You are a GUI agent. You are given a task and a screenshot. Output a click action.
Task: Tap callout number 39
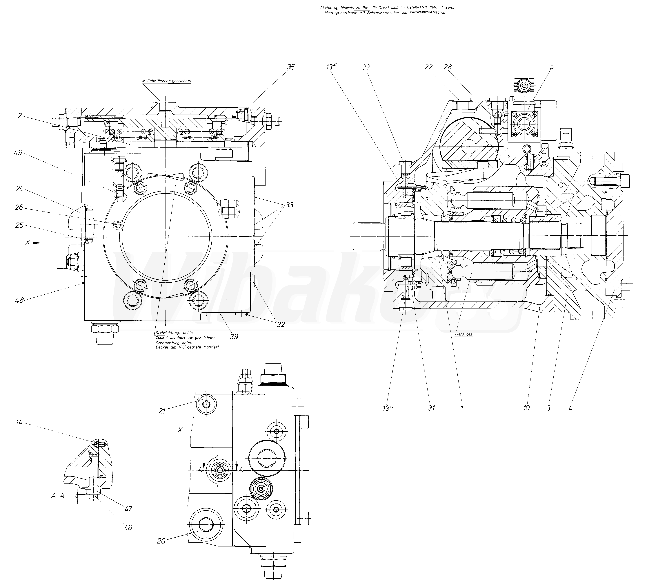(x=234, y=336)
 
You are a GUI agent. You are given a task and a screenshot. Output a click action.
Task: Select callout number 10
(x=526, y=408)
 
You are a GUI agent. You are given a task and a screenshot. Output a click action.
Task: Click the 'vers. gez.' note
(x=464, y=334)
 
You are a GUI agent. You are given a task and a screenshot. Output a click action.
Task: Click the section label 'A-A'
(x=58, y=496)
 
